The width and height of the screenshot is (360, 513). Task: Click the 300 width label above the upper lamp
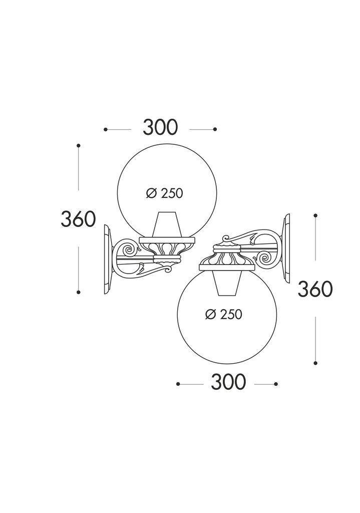(x=160, y=128)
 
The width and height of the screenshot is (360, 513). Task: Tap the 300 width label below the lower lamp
(x=228, y=382)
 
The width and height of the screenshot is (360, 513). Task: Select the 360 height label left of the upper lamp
(x=78, y=219)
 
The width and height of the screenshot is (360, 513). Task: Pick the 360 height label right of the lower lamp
(x=315, y=289)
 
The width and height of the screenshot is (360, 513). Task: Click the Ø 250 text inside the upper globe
(x=164, y=194)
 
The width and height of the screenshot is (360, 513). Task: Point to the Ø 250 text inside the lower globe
(x=224, y=315)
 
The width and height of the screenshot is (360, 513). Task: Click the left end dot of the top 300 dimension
(x=106, y=130)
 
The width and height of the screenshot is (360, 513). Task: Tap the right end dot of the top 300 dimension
(x=215, y=130)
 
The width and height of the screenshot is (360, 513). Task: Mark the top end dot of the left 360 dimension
(x=79, y=145)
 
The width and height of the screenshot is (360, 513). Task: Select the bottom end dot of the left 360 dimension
(x=79, y=292)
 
